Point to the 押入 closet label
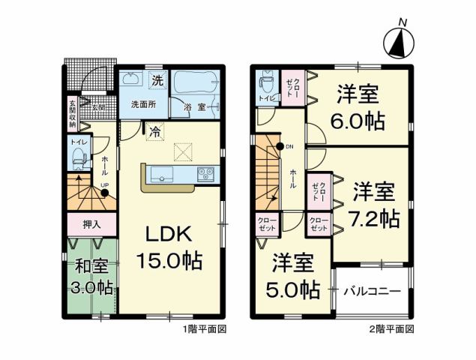[x=91, y=224]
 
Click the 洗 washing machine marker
[x=157, y=79]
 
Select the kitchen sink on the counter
[x=162, y=174]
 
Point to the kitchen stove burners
[x=205, y=174]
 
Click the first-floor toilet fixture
[x=79, y=158]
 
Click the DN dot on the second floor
[x=280, y=146]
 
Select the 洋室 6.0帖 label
[x=357, y=107]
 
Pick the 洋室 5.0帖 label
[x=293, y=276]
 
